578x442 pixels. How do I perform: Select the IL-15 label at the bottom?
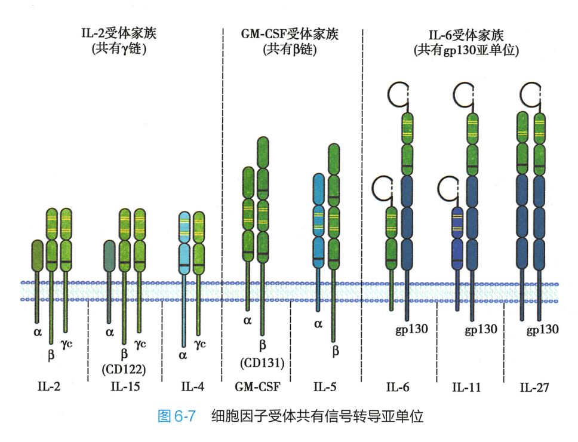click(x=125, y=387)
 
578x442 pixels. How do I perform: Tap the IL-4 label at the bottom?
click(x=192, y=387)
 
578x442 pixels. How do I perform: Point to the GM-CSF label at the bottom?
click(x=257, y=387)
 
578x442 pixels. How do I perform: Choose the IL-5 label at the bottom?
click(x=325, y=387)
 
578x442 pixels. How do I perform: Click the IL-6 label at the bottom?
click(x=398, y=387)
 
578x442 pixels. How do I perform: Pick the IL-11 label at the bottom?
click(x=466, y=387)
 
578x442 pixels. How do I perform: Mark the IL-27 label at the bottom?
click(x=535, y=387)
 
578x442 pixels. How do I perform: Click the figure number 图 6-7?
click(x=176, y=416)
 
